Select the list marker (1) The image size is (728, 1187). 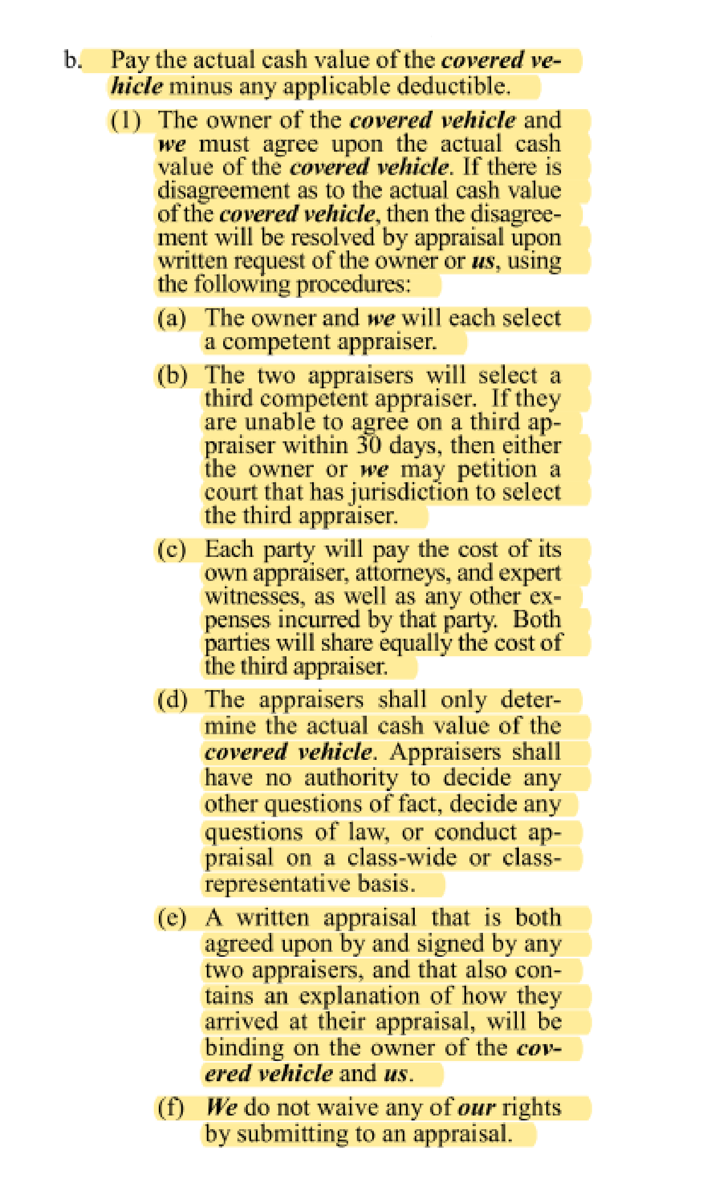tap(126, 121)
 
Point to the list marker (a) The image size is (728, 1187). tap(172, 318)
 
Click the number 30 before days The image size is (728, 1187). tap(369, 446)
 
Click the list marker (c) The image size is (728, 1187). tap(172, 549)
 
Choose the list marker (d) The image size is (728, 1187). tap(172, 700)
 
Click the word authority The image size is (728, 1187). tap(351, 778)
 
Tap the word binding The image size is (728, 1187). tap(244, 1048)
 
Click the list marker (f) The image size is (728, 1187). tap(171, 1108)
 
